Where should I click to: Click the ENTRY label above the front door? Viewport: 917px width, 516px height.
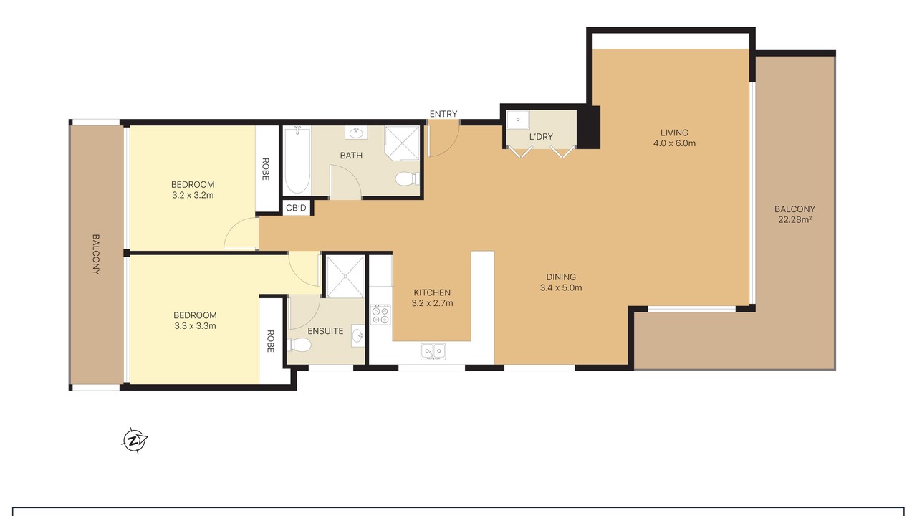443,114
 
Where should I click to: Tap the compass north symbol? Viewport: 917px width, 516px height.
135,441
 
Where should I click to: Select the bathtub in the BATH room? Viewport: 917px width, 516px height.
297,160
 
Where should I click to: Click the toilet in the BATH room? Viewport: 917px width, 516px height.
408,179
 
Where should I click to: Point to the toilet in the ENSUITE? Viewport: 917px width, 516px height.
299,345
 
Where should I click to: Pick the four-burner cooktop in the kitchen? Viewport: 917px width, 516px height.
380,315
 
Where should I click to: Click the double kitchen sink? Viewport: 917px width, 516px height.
433,352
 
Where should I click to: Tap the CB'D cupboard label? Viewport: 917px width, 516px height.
296,208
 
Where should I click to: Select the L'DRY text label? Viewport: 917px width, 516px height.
541,137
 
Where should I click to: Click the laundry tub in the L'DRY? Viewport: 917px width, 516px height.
518,120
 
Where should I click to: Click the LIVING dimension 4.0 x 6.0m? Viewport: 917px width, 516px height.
674,143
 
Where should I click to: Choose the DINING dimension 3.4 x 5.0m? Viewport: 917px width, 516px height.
561,287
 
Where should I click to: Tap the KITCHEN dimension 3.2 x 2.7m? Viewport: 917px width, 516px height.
432,303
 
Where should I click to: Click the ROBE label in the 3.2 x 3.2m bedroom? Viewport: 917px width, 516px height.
265,169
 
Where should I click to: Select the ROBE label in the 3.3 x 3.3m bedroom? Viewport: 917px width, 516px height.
270,341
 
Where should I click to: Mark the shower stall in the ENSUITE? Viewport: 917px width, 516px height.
345,277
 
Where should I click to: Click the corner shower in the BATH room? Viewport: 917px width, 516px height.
403,143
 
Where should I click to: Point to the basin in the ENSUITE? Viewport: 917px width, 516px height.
357,336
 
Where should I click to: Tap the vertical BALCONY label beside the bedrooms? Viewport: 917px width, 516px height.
95,254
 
